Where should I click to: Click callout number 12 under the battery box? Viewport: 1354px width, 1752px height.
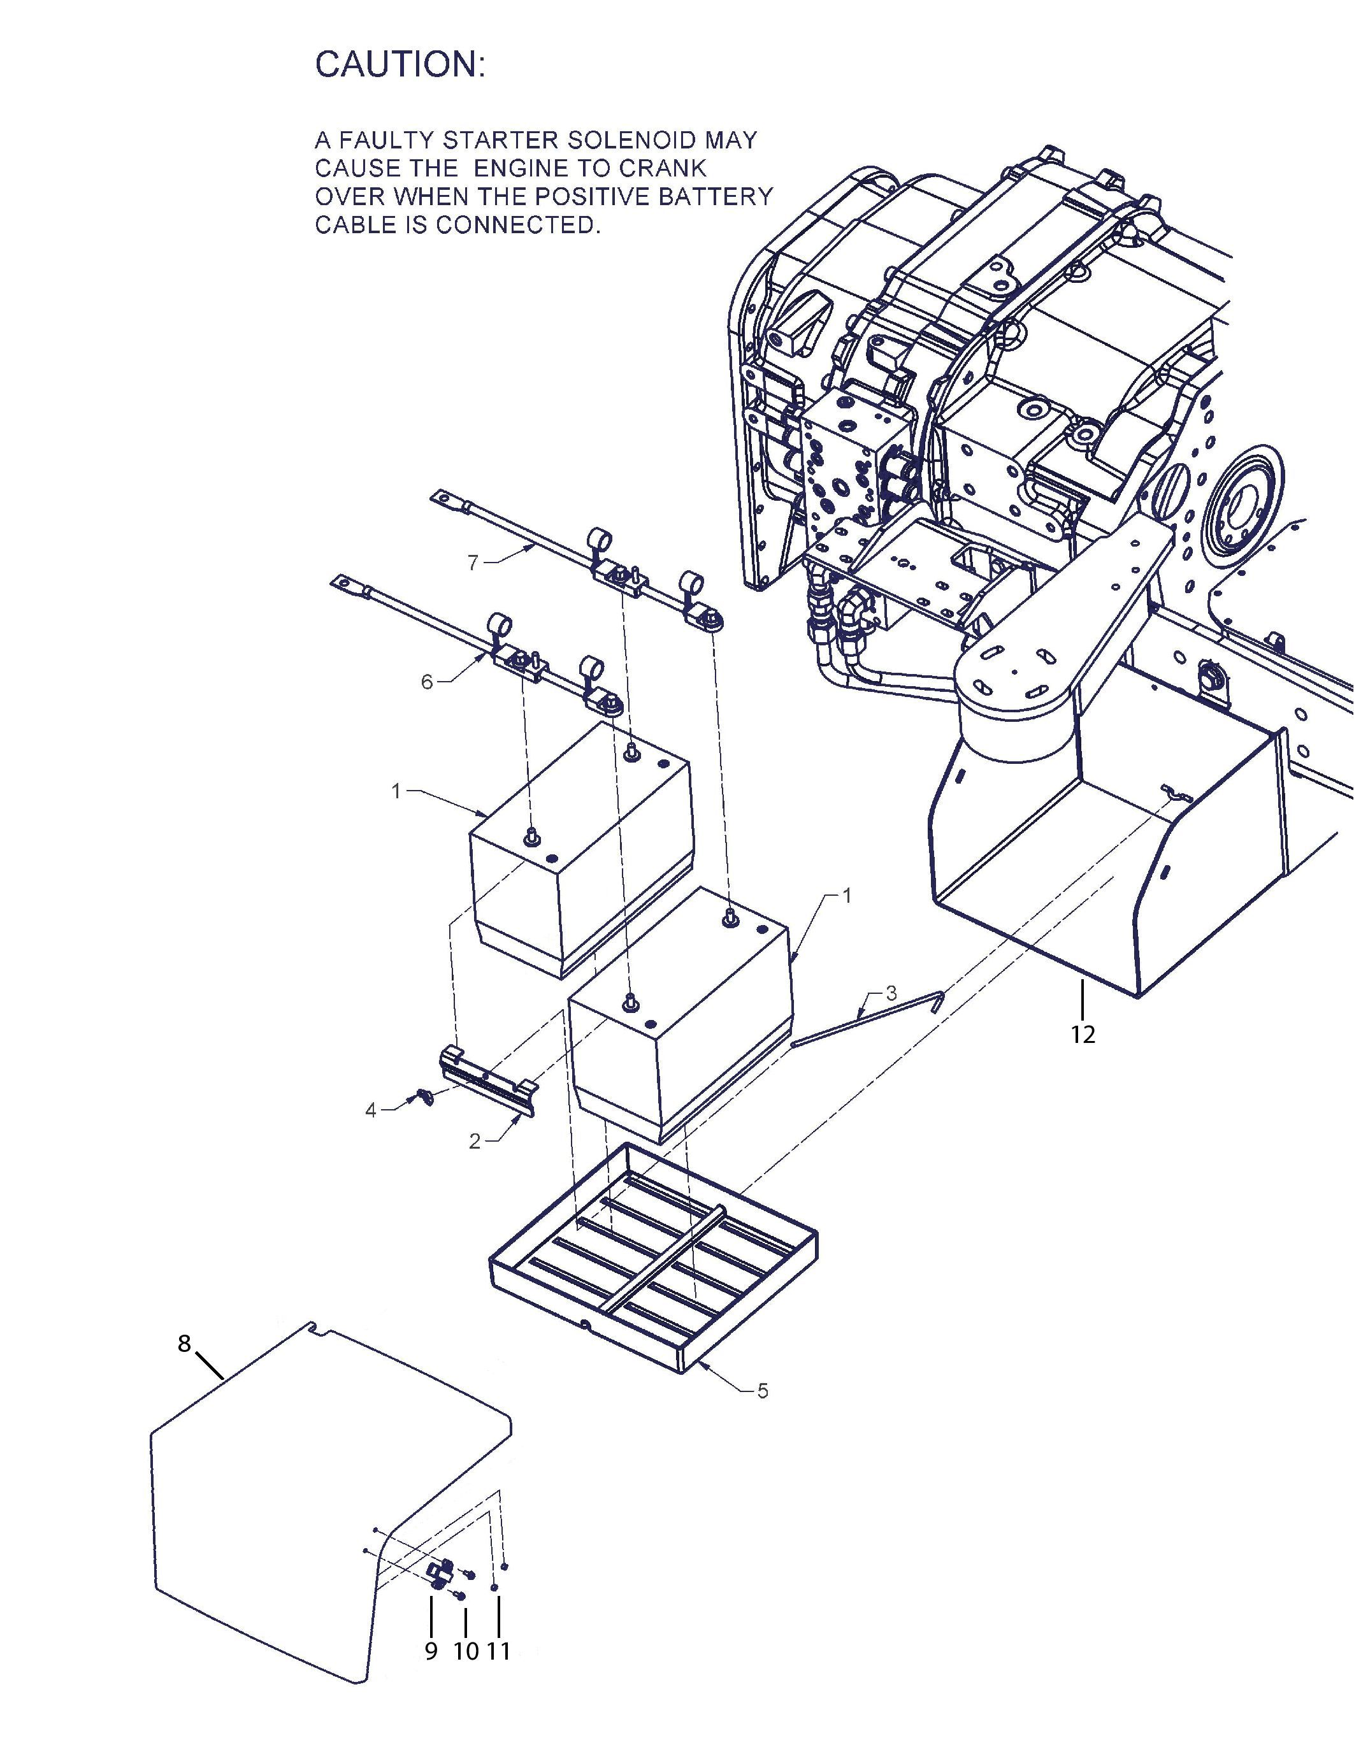tap(1083, 1035)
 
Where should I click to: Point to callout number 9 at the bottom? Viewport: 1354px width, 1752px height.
tap(431, 1651)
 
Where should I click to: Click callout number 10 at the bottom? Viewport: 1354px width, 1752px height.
tap(465, 1651)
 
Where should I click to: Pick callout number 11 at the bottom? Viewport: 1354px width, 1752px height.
tap(498, 1651)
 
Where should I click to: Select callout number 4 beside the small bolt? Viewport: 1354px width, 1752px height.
tap(371, 1111)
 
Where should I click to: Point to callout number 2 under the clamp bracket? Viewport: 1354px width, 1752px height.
tap(475, 1142)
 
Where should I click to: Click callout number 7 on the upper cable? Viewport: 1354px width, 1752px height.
tap(473, 563)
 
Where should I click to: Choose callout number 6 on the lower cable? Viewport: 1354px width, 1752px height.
tap(427, 682)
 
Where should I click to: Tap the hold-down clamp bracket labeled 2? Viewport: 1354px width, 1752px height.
tap(489, 1079)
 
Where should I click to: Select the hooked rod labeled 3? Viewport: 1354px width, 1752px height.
tap(868, 1019)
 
